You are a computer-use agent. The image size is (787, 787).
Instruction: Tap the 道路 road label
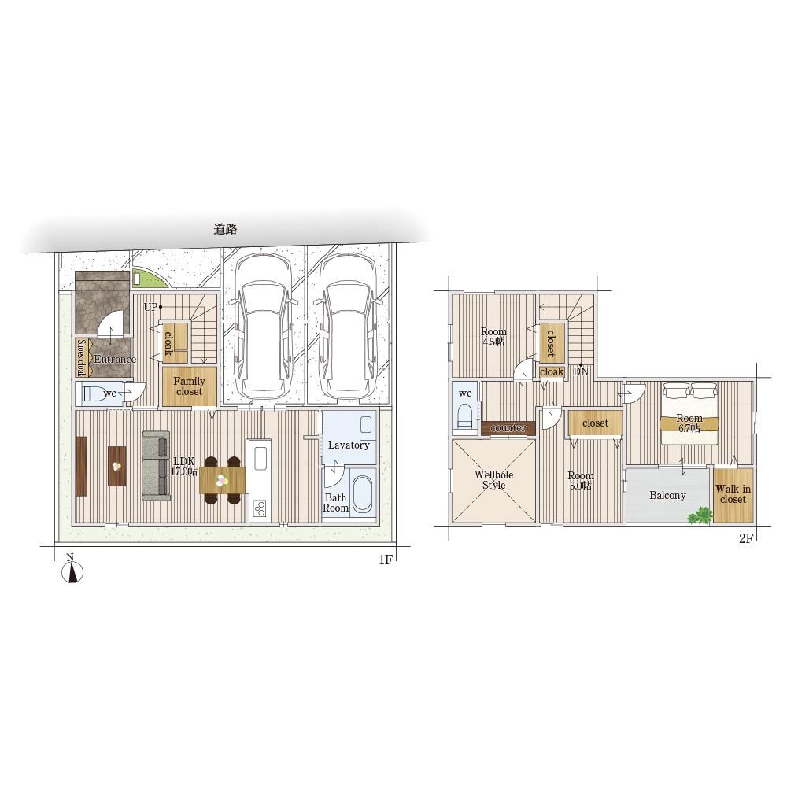pos(225,229)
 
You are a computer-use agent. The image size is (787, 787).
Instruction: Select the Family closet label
pos(189,386)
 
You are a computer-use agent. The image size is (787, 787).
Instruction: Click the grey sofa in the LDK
pos(156,466)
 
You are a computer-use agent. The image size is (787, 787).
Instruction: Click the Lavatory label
pos(349,445)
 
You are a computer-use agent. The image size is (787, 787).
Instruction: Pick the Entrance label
pos(115,359)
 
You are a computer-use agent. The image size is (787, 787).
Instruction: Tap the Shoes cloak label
pos(81,358)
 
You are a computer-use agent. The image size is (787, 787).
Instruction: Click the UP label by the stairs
pos(150,307)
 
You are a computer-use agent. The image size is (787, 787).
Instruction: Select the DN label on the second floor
pos(581,372)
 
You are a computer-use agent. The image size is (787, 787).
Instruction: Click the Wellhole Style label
pos(494,480)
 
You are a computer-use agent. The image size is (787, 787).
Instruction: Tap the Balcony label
pos(667,495)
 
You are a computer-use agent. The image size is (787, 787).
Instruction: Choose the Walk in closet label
pos(733,494)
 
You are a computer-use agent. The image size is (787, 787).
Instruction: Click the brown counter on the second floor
pos(508,428)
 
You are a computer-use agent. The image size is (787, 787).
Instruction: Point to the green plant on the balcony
pos(700,515)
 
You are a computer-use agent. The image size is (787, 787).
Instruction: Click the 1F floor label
pos(386,560)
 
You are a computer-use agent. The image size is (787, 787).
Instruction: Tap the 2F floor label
pos(746,538)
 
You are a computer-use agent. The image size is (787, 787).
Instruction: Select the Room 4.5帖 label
pos(493,337)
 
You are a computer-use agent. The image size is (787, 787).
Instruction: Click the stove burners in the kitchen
pos(260,508)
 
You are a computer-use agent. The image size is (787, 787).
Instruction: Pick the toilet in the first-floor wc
pos(98,393)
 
